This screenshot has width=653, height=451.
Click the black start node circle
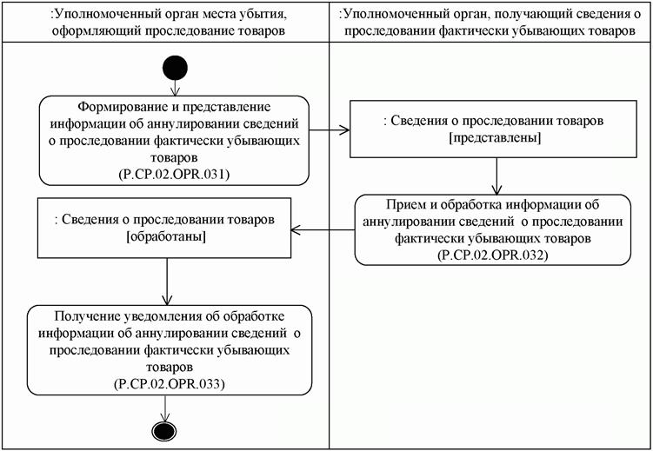point(174,68)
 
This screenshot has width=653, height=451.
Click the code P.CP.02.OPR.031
point(174,174)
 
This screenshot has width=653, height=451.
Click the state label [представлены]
point(496,139)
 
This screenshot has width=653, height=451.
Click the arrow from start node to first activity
point(174,87)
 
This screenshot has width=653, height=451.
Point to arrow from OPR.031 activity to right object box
point(330,131)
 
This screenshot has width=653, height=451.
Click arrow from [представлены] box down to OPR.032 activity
point(496,176)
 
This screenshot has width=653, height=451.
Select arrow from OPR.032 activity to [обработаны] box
point(322,229)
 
